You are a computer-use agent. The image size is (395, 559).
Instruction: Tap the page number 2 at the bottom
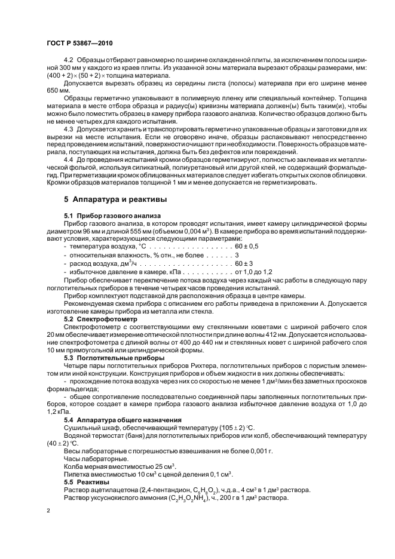click(x=49, y=512)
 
